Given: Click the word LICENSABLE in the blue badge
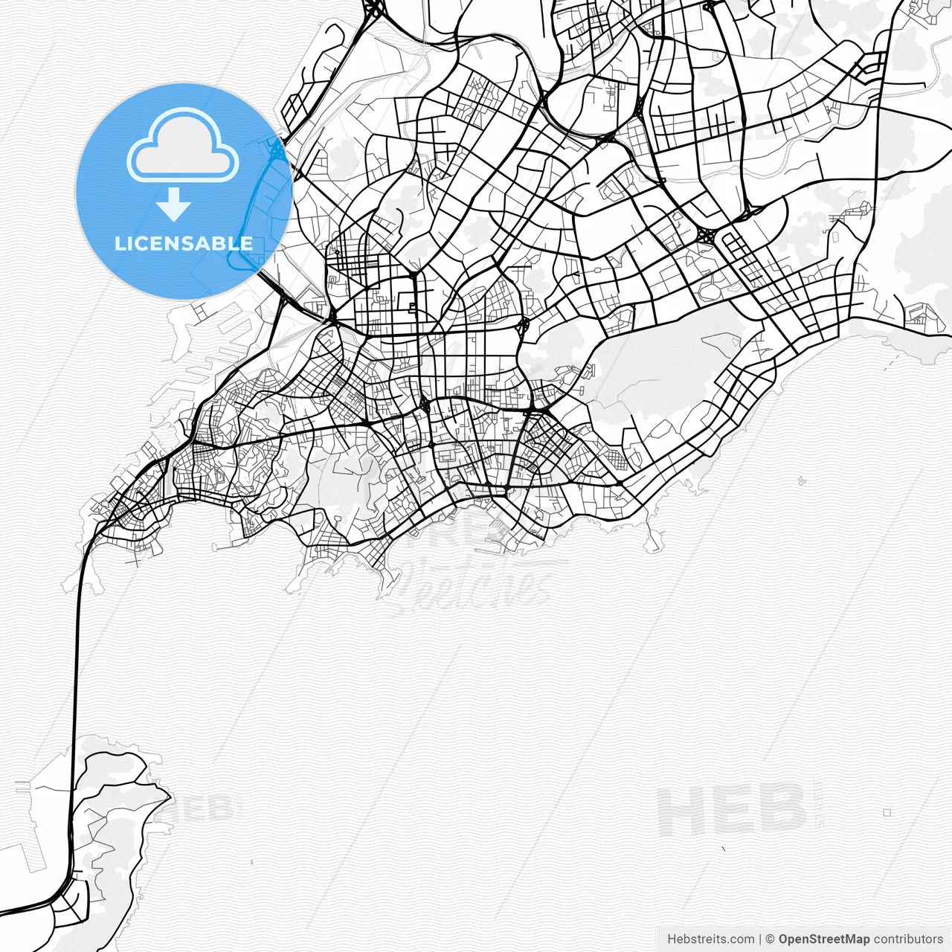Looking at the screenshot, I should (x=184, y=243).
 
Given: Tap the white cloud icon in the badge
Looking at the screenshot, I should (x=183, y=147).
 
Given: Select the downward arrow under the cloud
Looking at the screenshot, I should (x=173, y=205).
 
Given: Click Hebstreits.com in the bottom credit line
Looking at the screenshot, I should (x=710, y=939).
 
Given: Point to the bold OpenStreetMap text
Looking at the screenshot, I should (x=823, y=939).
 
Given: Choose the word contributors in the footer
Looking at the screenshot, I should (x=908, y=939).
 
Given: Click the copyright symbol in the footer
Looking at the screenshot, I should (x=771, y=939).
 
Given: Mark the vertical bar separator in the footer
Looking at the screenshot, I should (x=760, y=939).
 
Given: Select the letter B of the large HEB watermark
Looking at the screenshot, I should (x=780, y=811).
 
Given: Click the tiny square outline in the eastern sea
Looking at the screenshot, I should (x=887, y=812).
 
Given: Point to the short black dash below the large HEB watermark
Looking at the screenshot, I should (x=723, y=848).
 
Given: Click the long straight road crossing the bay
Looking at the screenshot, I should (x=76, y=669).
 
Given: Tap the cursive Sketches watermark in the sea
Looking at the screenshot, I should (x=476, y=584).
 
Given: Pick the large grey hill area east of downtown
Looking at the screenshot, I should (x=662, y=372).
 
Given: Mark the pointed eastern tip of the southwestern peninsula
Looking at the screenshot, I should (x=170, y=797).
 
